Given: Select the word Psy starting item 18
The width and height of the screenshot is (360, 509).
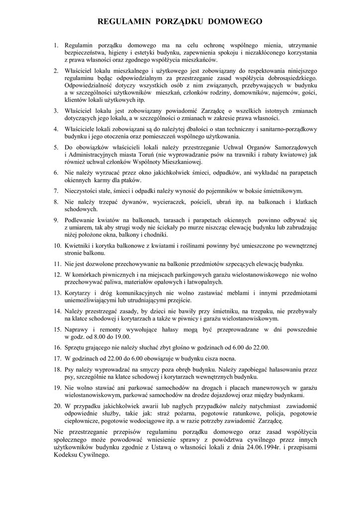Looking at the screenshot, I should [x=71, y=369].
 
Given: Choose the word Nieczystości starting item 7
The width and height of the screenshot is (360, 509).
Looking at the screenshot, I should [x=85, y=191].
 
